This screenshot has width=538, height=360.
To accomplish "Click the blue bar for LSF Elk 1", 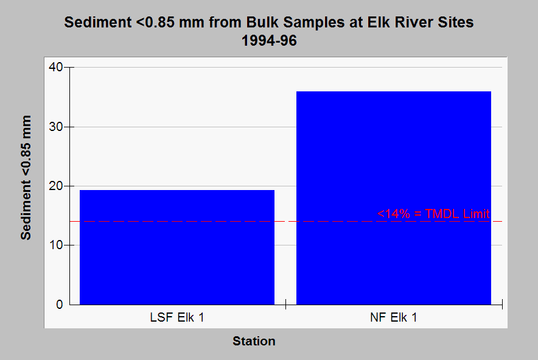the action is (177, 247).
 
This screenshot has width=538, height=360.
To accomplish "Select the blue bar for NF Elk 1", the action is (394, 198).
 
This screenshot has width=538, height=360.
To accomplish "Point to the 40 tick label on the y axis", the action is (55, 67).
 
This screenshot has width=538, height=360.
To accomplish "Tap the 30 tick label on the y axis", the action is (55, 127).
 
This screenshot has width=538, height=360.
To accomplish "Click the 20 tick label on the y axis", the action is (55, 186).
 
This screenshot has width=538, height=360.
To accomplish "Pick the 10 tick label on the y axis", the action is (55, 245).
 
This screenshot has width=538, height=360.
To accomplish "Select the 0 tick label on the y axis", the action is (60, 305).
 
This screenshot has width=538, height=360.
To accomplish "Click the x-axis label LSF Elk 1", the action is (177, 317).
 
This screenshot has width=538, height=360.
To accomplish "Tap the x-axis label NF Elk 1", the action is (394, 317).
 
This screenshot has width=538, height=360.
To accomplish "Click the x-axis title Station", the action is (254, 341).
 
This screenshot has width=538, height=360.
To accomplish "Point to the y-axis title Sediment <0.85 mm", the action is (26, 178).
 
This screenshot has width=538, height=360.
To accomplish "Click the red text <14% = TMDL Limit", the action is (433, 214).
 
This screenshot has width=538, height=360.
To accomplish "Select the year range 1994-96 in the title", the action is (269, 41).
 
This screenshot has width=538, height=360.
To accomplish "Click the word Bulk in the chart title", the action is (262, 23).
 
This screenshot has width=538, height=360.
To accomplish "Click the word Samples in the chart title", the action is (313, 23).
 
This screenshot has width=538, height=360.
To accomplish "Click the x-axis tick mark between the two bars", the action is (285, 304).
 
